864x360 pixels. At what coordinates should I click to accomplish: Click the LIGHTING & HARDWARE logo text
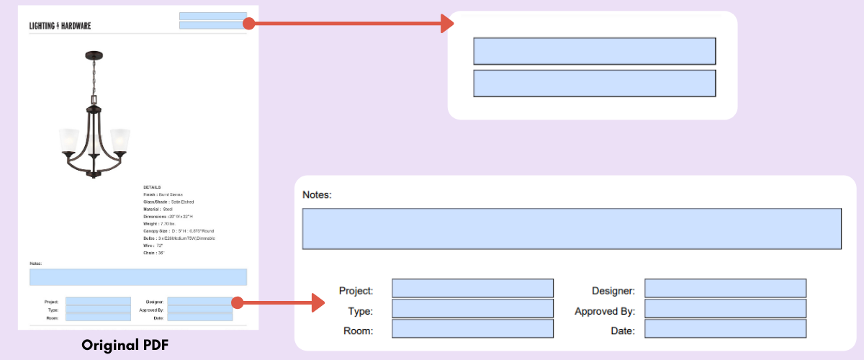point(60,26)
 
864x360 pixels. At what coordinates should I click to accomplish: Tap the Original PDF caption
point(125,345)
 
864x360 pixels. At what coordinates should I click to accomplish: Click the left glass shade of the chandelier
point(69,142)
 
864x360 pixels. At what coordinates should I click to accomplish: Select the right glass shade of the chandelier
point(119,142)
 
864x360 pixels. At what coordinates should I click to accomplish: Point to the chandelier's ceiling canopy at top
point(93,55)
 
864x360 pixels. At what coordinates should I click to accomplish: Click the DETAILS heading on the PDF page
point(151,187)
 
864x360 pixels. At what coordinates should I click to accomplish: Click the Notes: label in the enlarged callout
point(316,194)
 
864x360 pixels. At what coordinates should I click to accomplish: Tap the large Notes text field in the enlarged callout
point(571,229)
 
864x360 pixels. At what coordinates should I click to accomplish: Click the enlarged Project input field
point(472,289)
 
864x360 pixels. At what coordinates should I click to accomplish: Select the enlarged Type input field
point(472,309)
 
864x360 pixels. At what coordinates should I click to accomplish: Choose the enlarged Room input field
point(472,329)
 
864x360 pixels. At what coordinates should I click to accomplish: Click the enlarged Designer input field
point(725,289)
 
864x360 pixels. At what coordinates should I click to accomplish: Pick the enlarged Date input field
point(725,329)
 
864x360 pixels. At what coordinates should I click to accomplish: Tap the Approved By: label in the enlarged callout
point(604,312)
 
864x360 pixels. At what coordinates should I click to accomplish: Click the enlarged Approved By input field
point(725,309)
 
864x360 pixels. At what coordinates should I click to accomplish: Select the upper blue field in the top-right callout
point(594,51)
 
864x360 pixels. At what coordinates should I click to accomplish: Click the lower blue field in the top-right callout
point(594,84)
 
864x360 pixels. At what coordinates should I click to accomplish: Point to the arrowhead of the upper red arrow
point(447,24)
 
